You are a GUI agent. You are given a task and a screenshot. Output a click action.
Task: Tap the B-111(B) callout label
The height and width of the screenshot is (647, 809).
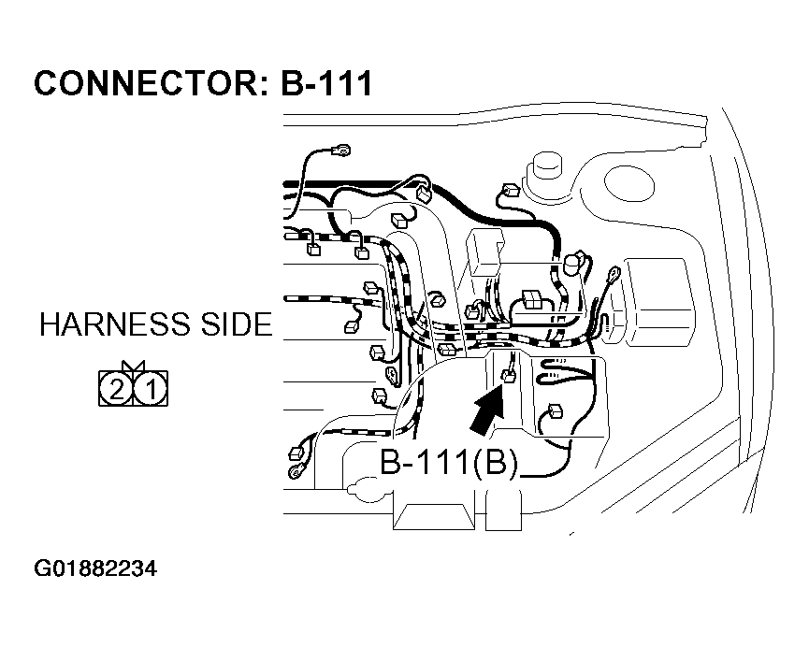448,464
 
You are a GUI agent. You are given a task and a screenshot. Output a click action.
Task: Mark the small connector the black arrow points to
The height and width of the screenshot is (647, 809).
510,376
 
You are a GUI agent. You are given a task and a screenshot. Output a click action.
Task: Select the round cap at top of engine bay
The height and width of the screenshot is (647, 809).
544,172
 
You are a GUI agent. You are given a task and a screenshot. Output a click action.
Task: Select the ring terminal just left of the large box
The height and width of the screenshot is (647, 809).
614,273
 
